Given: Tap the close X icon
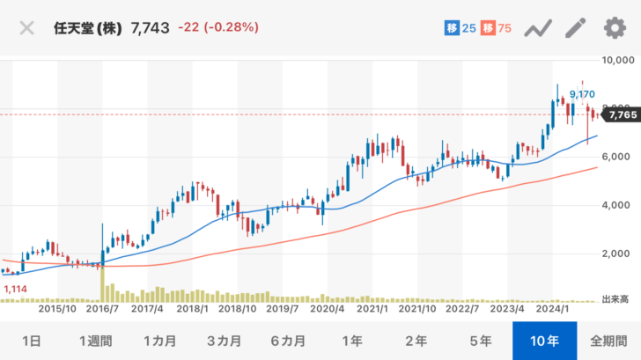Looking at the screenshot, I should (26, 27).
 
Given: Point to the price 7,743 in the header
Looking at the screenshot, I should (150, 27).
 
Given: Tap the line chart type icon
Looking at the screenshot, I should (537, 28).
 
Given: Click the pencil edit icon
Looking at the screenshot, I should (575, 28).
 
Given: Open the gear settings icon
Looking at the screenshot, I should (614, 28).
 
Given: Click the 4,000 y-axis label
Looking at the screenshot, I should (619, 206).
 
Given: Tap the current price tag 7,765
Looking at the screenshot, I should (622, 114).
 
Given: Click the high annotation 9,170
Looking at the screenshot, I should (582, 93).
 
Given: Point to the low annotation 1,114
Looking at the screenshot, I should (16, 289).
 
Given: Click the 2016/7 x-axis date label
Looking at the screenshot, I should (101, 309).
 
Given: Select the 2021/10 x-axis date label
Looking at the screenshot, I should (416, 309).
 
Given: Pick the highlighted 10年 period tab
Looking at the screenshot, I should (544, 341).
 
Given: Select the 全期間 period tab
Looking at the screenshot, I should (608, 341).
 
